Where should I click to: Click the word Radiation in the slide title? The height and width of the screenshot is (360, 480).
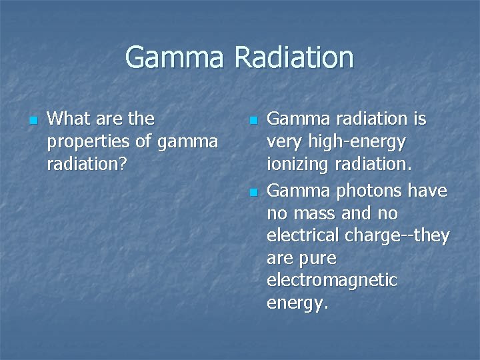(293, 57)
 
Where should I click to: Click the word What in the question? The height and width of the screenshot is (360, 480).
(70, 119)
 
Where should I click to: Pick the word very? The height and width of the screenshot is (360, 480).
(283, 143)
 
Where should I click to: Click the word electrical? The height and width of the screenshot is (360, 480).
(302, 236)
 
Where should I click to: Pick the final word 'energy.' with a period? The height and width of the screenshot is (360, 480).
(297, 304)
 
